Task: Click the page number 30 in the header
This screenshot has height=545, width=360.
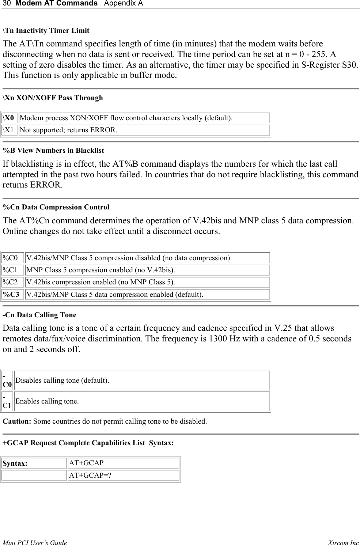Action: (5, 3)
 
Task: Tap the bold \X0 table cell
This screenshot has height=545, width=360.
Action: (9, 118)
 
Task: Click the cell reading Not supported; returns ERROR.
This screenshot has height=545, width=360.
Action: (68, 130)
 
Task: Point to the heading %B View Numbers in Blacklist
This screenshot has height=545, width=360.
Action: (53, 151)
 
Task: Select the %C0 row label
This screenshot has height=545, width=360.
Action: (10, 258)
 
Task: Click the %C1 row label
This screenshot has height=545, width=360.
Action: (10, 270)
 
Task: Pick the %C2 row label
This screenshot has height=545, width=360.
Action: (10, 282)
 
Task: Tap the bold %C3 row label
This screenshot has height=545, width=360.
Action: (11, 294)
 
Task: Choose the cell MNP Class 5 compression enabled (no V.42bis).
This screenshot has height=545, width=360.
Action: (101, 270)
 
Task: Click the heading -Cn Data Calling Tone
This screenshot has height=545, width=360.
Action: (39, 315)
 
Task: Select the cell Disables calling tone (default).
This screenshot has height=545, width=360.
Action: (62, 380)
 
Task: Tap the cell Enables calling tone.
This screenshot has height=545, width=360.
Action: (47, 401)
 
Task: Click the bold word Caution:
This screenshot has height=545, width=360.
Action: (17, 421)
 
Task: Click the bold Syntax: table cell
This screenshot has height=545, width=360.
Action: (15, 463)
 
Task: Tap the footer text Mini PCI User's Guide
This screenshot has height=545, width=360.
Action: (35, 543)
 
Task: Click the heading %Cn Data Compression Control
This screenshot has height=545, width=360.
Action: (56, 207)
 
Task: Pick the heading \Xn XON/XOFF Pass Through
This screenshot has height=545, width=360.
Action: (53, 98)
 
